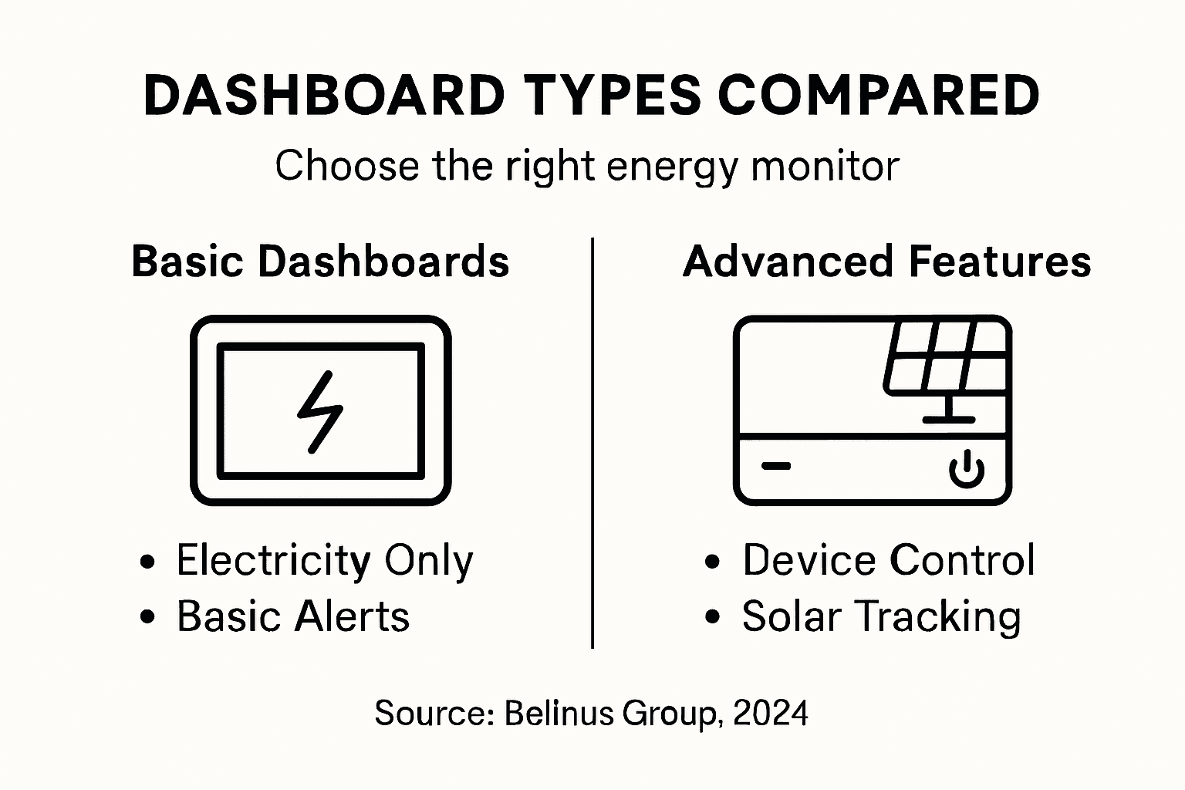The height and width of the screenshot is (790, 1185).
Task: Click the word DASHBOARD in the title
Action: click(x=324, y=96)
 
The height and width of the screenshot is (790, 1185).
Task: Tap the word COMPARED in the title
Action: click(x=879, y=96)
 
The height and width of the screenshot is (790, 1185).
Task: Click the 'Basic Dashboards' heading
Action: click(x=320, y=262)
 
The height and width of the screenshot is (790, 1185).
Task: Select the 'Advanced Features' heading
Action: click(x=886, y=262)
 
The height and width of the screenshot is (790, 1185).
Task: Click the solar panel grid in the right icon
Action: click(x=946, y=359)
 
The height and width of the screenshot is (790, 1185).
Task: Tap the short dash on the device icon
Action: click(x=776, y=466)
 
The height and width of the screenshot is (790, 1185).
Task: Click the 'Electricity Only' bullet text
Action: click(x=324, y=561)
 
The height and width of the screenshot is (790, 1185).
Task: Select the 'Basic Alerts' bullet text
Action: click(x=293, y=617)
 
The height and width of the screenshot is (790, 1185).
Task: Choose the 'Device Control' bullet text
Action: click(x=888, y=561)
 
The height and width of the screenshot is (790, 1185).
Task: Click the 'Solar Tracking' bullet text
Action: click(x=881, y=617)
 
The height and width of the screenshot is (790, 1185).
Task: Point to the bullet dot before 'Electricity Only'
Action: click(x=147, y=562)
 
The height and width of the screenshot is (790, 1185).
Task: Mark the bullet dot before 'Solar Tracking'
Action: click(x=713, y=617)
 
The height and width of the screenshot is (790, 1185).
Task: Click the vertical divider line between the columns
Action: click(x=592, y=444)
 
